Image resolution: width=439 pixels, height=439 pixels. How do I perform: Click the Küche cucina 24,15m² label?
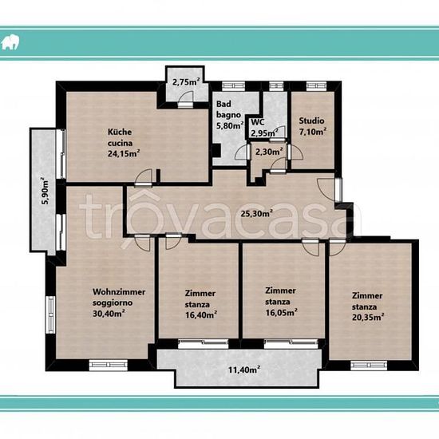124,143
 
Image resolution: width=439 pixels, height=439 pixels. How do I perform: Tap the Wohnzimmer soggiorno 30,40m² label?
119,303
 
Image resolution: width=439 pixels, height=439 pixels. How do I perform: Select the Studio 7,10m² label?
312,126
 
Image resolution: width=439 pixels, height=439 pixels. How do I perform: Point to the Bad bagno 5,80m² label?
229,115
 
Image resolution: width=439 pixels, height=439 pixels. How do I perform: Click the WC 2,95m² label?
264,128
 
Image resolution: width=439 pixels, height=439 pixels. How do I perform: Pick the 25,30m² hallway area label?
257,214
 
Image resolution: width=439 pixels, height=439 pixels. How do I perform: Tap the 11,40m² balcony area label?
244,370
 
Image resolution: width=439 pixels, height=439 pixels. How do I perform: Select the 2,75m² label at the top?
186,82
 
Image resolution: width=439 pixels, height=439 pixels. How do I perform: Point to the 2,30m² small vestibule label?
269,152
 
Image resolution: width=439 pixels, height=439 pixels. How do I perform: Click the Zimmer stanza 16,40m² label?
200,304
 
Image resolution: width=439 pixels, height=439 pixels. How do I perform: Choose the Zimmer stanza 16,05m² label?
281,302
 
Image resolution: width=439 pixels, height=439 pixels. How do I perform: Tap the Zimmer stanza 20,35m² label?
368,307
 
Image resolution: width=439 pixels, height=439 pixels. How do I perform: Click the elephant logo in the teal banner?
10,42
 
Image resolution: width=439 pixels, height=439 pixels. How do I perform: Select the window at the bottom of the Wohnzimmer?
109,365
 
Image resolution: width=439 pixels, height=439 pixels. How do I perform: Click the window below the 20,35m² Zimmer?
369,365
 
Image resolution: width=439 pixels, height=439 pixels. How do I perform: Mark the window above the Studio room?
316,86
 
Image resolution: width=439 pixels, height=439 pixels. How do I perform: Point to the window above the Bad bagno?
234,86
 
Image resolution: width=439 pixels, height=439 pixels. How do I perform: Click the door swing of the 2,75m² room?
185,98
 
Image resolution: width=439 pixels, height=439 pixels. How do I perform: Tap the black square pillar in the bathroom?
216,150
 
